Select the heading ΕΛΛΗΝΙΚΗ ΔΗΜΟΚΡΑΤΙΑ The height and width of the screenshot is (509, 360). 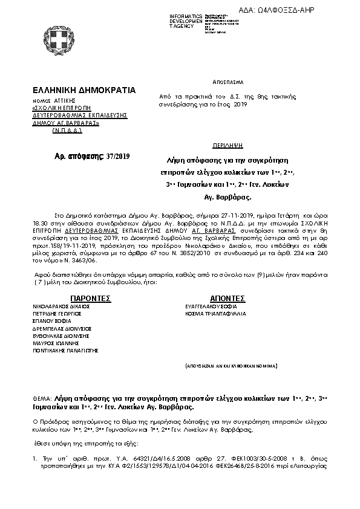[84, 90]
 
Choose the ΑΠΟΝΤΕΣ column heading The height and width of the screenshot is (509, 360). [227, 298]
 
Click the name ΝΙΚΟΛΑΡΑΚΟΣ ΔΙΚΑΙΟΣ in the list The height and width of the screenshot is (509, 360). [62, 306]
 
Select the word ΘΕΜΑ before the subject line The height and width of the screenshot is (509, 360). [43, 400]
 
